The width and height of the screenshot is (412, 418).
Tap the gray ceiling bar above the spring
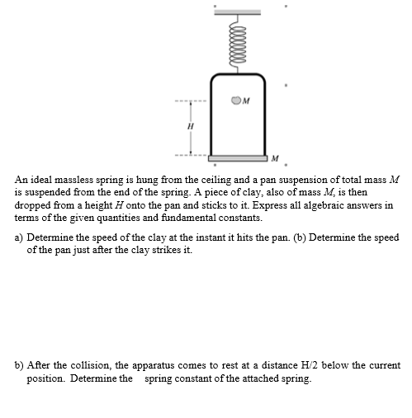pyautogui.click(x=238, y=10)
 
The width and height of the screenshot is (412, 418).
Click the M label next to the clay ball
pyautogui.click(x=247, y=101)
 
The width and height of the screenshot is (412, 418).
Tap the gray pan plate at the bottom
pyautogui.click(x=238, y=156)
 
